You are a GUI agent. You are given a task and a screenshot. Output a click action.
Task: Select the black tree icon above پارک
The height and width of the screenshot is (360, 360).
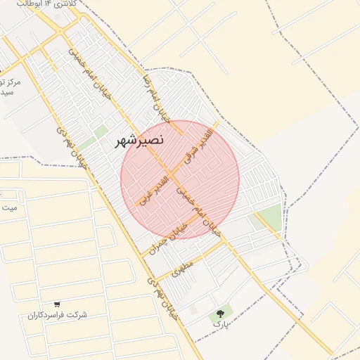(x=221, y=313)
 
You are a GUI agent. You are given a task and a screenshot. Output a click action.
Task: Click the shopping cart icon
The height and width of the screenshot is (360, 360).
(x=57, y=304)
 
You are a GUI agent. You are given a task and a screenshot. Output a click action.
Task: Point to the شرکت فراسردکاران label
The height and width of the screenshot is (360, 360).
(x=58, y=316)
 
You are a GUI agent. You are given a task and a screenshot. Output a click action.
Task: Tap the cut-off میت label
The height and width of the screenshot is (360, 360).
(x=8, y=208)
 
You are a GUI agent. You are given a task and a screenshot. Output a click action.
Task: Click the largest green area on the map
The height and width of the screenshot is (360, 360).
(x=269, y=219)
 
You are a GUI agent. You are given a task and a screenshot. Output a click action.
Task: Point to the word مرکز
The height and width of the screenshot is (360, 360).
(x=11, y=82)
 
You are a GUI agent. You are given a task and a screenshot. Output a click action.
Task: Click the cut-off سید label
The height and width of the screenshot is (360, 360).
(x=7, y=93)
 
